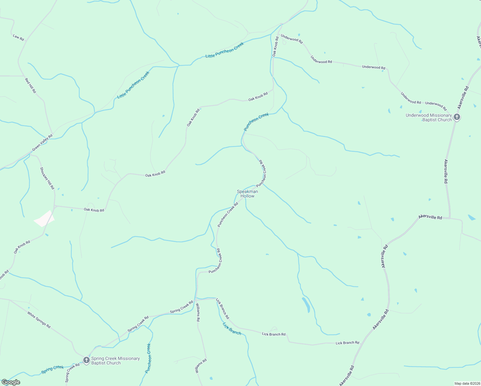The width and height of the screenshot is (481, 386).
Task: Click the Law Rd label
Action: point(18,37)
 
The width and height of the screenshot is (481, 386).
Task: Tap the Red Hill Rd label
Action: point(31,86)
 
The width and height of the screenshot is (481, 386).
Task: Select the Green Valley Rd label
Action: point(42,143)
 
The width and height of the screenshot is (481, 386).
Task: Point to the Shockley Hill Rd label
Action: point(47,178)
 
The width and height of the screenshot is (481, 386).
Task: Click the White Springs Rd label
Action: point(39,320)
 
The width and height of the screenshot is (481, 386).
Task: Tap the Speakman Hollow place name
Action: point(247,194)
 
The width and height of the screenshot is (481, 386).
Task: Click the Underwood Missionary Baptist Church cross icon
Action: point(457,117)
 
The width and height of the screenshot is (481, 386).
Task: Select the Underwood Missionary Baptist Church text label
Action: point(429,117)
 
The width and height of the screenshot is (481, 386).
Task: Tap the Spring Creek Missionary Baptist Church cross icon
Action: point(86,360)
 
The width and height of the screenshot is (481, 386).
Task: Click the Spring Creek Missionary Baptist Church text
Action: point(115,361)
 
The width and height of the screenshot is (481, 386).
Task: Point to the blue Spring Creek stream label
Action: point(52,370)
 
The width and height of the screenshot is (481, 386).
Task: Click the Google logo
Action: point(11,382)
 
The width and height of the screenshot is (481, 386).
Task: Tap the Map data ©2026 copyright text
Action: point(467,383)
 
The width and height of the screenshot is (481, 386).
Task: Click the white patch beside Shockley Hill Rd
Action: point(44,219)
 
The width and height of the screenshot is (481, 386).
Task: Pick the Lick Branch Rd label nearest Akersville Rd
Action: point(347,343)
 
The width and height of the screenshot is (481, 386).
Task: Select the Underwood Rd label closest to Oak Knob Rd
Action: point(292,39)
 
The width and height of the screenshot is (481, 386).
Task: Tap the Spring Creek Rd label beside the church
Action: point(72,372)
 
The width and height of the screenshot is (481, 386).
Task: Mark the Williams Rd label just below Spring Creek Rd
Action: point(198,312)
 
